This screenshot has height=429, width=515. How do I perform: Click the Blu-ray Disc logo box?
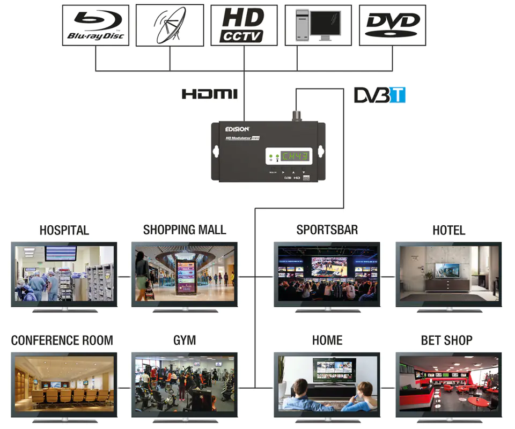[95, 25]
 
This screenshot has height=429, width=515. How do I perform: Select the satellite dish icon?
[170, 25]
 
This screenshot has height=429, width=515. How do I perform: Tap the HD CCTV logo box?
[244, 25]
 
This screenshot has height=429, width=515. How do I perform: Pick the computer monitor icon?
[318, 25]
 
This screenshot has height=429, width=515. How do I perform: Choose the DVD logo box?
[392, 25]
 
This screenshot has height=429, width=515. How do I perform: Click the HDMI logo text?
[209, 94]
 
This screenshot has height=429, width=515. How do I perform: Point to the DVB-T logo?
[379, 95]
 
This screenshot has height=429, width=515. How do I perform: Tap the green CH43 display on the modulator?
[295, 157]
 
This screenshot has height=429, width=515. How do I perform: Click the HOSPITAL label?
[64, 231]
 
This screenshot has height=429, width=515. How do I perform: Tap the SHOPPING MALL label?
[185, 230]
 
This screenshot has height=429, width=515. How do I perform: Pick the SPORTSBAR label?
[327, 230]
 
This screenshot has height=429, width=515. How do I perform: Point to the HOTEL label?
[448, 231]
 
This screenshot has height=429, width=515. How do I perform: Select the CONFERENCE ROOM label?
[62, 341]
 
